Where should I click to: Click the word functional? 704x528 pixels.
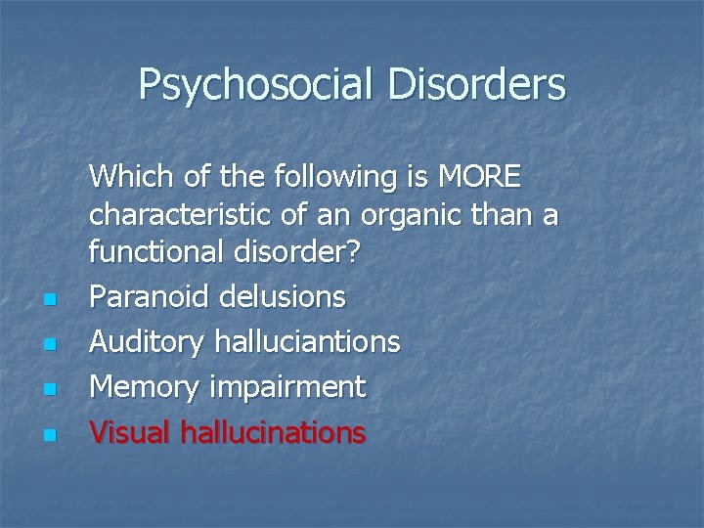156,251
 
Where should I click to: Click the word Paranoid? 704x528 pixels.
149,296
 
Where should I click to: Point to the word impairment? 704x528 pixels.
285,387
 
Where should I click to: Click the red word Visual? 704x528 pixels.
131,432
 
